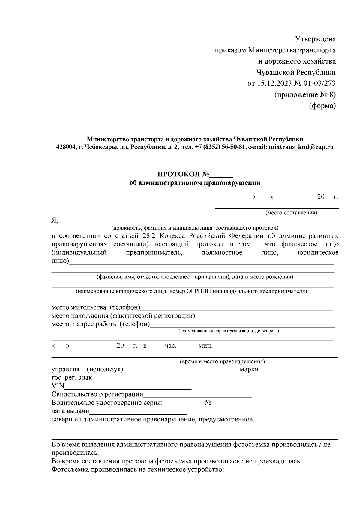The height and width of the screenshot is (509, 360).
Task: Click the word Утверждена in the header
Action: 315,39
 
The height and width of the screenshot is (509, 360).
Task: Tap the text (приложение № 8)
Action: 305,95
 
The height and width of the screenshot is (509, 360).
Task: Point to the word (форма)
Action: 322,106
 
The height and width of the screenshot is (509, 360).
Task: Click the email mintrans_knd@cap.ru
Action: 301,147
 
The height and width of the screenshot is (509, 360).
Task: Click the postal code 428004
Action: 66,147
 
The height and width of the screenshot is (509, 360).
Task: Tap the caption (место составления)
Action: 291,213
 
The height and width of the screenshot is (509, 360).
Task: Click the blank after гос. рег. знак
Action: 128,379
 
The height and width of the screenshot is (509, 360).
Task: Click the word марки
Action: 249,370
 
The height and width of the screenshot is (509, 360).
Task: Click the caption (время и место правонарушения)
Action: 222,362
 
